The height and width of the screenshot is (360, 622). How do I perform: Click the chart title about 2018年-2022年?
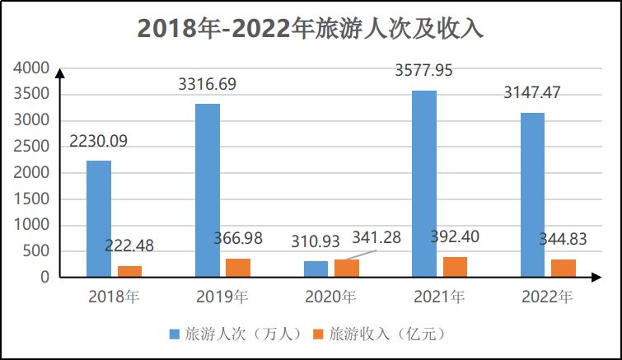[310, 27]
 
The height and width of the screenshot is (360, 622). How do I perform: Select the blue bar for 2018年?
[99, 218]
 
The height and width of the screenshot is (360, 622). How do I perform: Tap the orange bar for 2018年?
[129, 271]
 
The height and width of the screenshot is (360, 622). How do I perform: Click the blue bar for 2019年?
[208, 189]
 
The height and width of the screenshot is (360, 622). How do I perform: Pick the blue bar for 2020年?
[316, 269]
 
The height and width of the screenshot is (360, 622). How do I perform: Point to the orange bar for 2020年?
[346, 268]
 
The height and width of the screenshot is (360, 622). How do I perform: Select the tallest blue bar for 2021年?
[424, 183]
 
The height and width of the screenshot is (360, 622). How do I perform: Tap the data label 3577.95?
[424, 71]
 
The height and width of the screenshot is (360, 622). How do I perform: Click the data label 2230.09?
[98, 141]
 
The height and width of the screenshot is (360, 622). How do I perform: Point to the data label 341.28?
[376, 238]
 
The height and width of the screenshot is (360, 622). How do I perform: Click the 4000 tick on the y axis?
[32, 68]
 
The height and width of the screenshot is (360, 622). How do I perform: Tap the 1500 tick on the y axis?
[32, 199]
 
